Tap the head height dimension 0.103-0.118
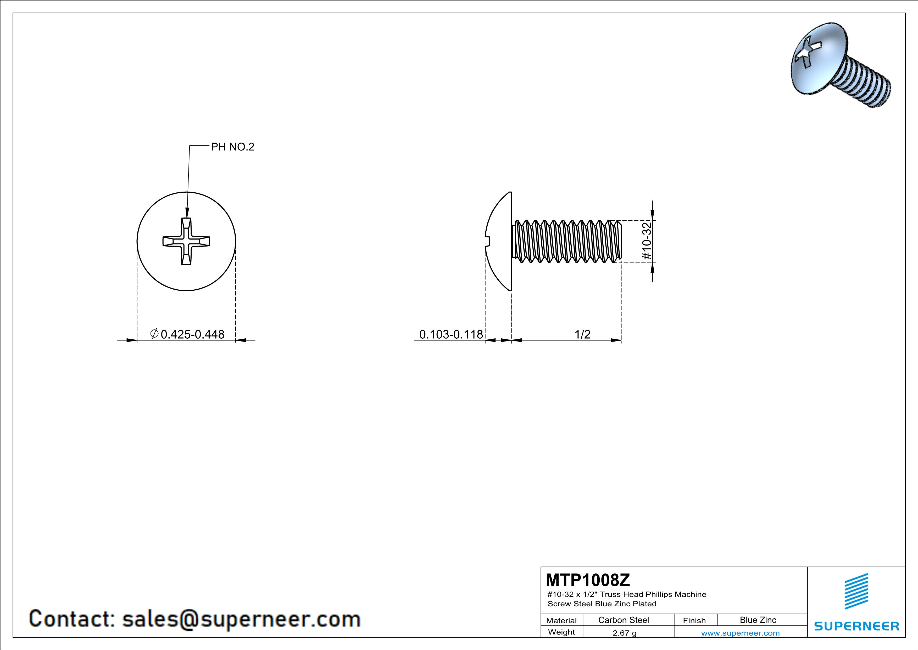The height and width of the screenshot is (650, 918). [451, 334]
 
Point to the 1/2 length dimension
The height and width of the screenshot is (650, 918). [582, 334]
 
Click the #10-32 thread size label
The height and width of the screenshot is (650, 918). [647, 241]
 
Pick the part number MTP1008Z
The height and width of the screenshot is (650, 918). [588, 579]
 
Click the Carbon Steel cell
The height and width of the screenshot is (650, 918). [623, 620]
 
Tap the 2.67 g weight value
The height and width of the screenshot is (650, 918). [625, 633]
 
